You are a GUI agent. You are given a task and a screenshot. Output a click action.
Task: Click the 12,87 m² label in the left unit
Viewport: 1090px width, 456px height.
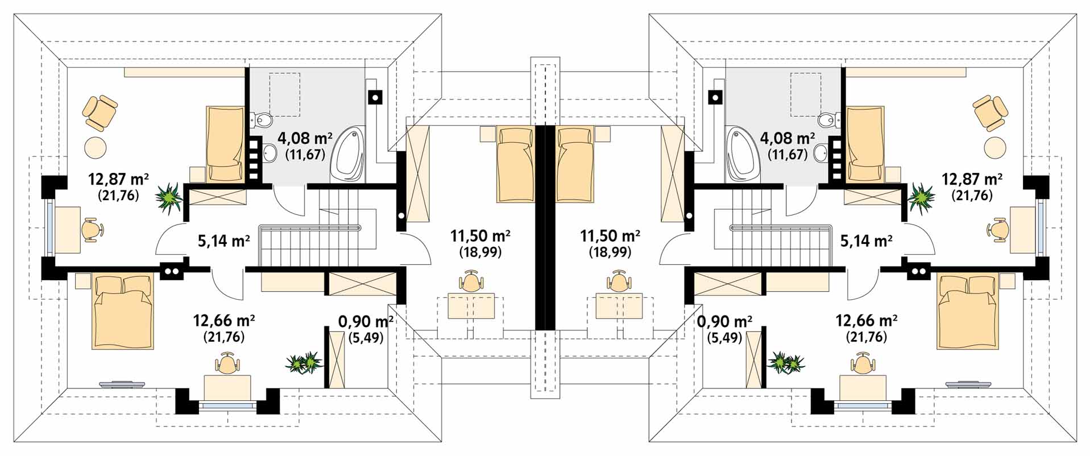click(x=119, y=180)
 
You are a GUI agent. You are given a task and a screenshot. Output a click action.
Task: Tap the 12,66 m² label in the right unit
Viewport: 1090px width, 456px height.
click(x=866, y=320)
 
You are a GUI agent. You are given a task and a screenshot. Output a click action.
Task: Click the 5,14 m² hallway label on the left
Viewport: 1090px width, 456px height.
click(x=224, y=241)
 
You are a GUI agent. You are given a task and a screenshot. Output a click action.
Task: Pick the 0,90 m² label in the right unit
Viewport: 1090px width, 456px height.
click(x=725, y=322)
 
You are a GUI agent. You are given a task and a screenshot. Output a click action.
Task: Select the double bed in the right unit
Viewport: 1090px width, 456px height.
click(x=967, y=312)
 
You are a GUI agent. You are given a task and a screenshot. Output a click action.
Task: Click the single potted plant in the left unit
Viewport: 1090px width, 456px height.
click(x=169, y=196)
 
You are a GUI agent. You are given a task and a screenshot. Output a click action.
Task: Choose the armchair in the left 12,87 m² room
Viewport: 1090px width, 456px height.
click(x=100, y=111)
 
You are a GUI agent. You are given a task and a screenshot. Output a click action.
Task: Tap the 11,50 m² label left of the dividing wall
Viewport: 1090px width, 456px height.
click(x=480, y=235)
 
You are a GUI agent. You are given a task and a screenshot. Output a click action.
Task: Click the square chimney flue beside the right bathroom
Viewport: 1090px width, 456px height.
click(x=715, y=98)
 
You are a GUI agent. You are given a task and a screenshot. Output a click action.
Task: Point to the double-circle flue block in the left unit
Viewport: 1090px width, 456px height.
click(x=172, y=272)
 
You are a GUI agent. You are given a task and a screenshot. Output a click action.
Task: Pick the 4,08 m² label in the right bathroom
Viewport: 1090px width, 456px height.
click(x=788, y=138)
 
